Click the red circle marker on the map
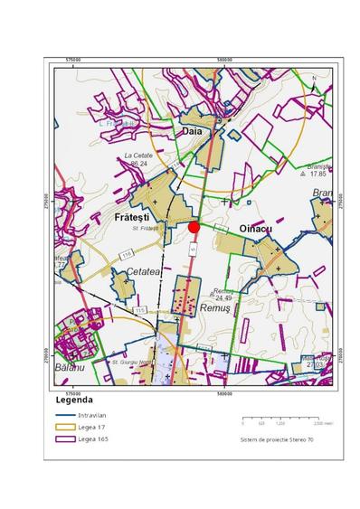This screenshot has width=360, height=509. [x=194, y=227]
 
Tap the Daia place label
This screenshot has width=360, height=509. [x=193, y=131]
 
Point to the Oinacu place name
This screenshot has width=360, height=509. [x=254, y=230]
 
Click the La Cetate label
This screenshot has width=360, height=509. [x=139, y=156]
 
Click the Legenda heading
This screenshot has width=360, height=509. [x=74, y=400]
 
